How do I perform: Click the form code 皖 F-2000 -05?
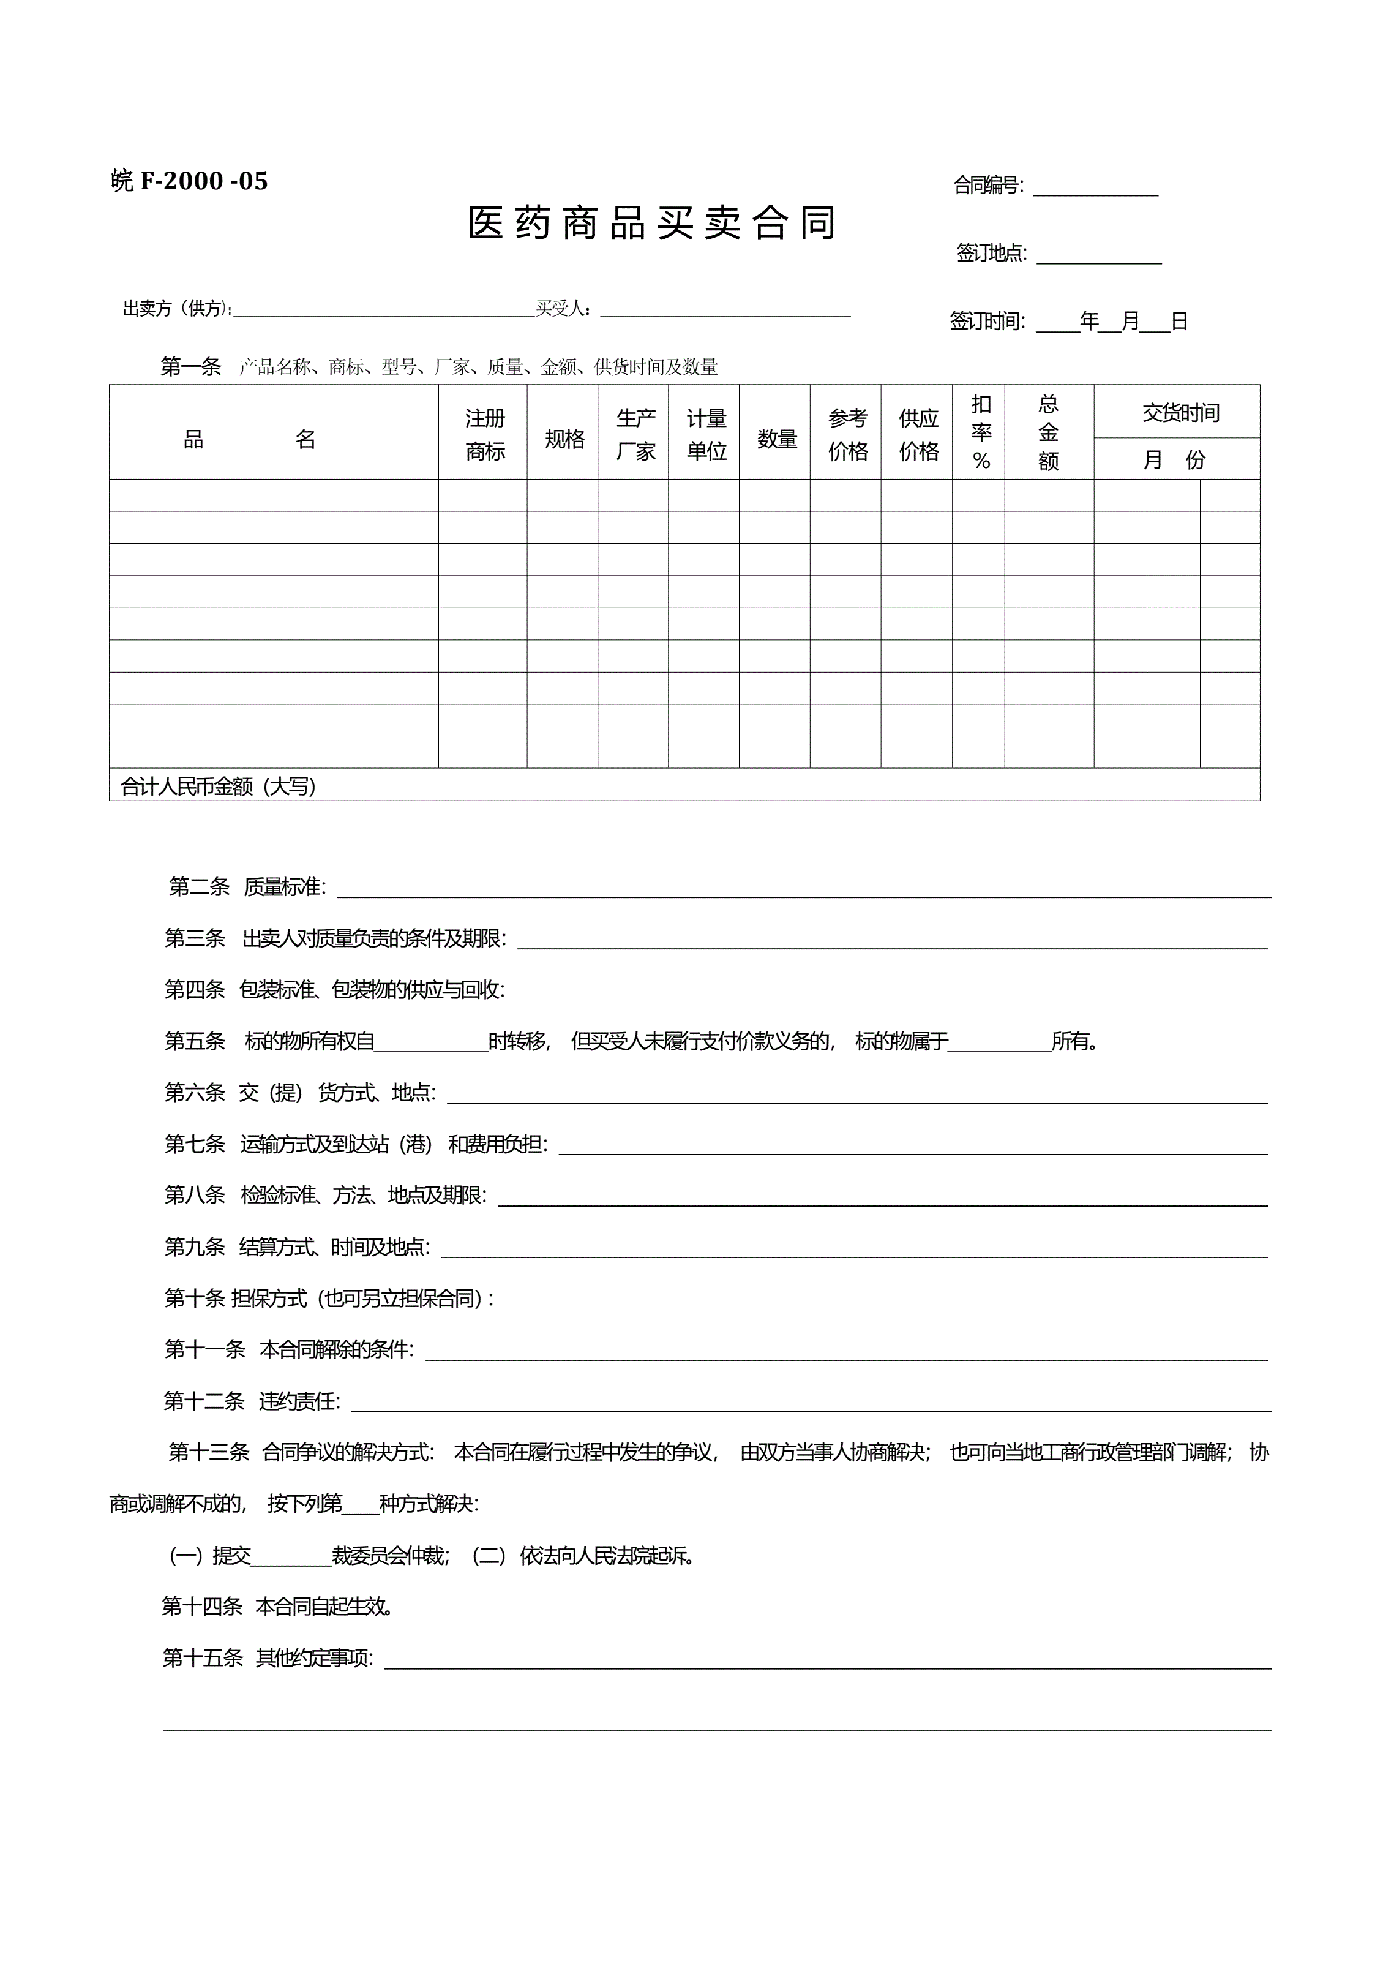tap(190, 181)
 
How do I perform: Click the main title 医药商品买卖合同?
tap(651, 223)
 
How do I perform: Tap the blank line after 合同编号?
tap(1095, 189)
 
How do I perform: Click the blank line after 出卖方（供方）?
tap(384, 311)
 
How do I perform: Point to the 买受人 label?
tap(562, 309)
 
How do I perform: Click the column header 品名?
tap(250, 440)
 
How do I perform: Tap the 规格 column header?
tap(564, 440)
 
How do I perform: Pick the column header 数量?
tap(776, 440)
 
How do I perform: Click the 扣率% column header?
tap(980, 432)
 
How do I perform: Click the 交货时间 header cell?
tap(1180, 413)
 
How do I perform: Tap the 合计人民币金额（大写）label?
tap(218, 786)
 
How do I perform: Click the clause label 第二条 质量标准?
tap(247, 887)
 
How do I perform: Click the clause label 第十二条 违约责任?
tap(252, 1401)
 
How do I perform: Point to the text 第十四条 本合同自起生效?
tap(277, 1607)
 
